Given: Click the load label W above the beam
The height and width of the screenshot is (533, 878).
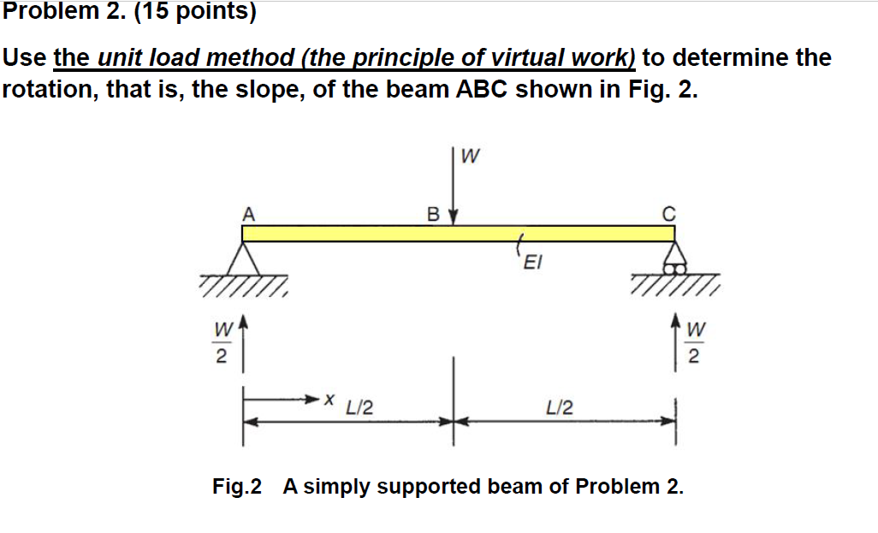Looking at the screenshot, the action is (470, 157).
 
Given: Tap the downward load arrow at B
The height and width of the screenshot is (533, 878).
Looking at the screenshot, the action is (454, 192).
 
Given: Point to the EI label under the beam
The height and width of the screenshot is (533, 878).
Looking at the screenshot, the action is (531, 264).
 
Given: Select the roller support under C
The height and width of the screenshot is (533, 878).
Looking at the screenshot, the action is (673, 259).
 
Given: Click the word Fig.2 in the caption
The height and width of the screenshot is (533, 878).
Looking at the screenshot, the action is (238, 487).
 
